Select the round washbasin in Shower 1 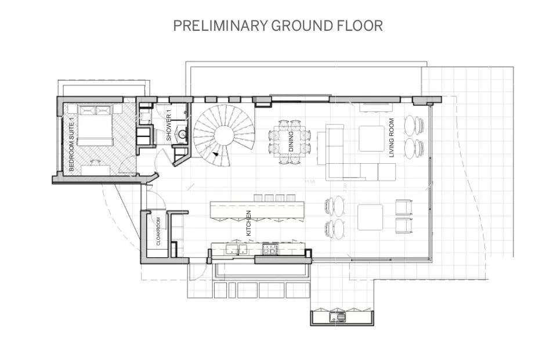pos(182,135)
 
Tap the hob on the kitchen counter pos(270,249)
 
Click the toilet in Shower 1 pos(143,117)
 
